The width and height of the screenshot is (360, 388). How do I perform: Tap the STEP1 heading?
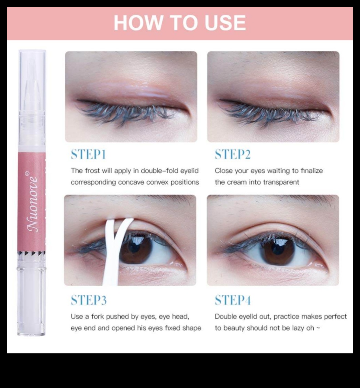coord(88,154)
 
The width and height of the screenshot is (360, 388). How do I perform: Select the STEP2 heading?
coord(233,154)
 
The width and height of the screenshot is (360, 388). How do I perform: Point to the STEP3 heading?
coord(89,300)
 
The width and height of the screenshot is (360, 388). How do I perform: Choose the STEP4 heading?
coord(233,300)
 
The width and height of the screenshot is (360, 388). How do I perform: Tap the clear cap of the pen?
coord(32,99)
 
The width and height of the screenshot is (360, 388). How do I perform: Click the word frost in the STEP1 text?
coord(93,171)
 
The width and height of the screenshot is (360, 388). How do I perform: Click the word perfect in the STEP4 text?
coord(335,317)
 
